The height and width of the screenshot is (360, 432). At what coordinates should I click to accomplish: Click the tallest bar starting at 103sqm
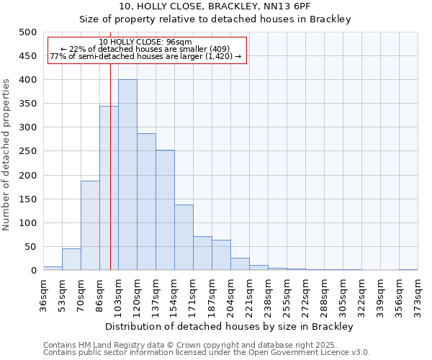[x=127, y=175]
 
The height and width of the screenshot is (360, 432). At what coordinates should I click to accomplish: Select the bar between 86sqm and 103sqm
[x=109, y=188]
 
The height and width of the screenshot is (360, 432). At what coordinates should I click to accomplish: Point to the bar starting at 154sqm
[x=184, y=238]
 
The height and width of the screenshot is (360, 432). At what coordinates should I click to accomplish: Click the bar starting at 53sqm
[x=71, y=259]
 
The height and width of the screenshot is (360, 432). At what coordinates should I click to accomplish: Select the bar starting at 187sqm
[x=221, y=255]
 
